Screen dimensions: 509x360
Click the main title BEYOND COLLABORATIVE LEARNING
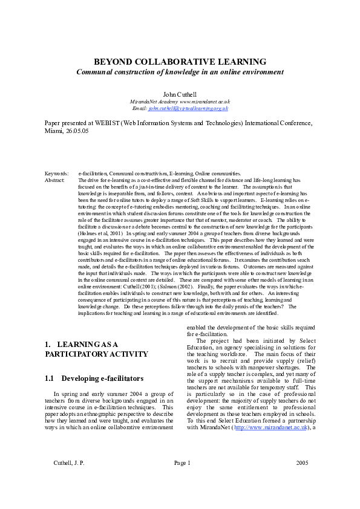point(180,62)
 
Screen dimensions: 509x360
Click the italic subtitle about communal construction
point(180,72)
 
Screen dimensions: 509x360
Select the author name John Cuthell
point(180,94)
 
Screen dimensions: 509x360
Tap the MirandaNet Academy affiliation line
point(180,102)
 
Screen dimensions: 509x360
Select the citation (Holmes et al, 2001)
point(100,250)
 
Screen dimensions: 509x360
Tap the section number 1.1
point(51,378)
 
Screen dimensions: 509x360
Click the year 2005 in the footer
point(303,480)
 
